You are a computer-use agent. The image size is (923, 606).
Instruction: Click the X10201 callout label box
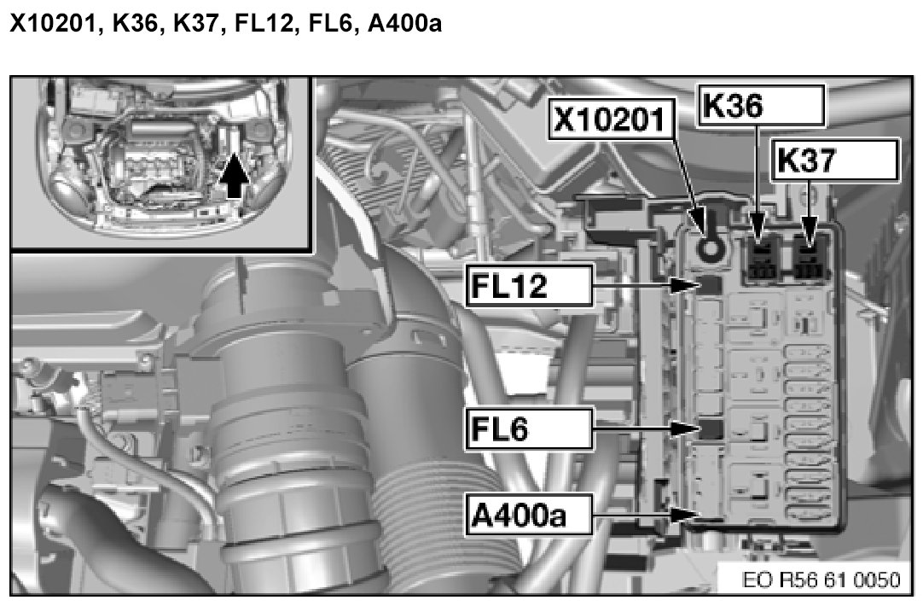click(608, 121)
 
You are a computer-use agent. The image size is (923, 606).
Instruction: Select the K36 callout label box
click(762, 105)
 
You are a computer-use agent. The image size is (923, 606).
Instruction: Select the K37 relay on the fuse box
click(808, 259)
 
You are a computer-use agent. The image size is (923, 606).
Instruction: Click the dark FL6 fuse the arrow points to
click(710, 428)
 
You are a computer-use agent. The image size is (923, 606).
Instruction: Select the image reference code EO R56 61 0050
click(821, 580)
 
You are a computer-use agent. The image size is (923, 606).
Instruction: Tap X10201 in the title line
click(49, 25)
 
